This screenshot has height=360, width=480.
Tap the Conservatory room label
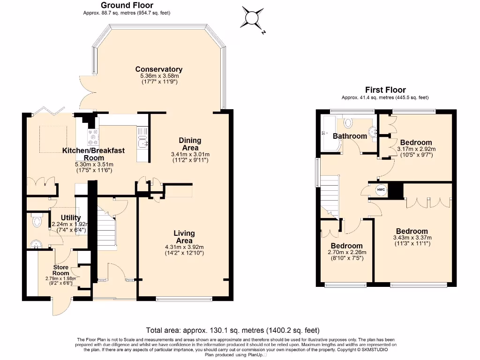pyautogui.click(x=159, y=69)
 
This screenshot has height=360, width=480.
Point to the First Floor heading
pyautogui.click(x=385, y=90)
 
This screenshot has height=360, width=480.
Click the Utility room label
pyautogui.click(x=71, y=217)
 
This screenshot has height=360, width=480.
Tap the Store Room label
pyautogui.click(x=60, y=270)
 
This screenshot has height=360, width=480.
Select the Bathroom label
pyautogui.click(x=350, y=136)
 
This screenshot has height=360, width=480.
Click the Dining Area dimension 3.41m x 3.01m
pyautogui.click(x=190, y=154)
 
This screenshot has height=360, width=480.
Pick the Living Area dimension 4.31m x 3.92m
pyautogui.click(x=184, y=247)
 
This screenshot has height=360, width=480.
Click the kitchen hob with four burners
pyautogui.click(x=91, y=136)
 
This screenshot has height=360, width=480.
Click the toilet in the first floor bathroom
pyautogui.click(x=348, y=123)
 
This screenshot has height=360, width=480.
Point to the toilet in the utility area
pyautogui.click(x=37, y=221)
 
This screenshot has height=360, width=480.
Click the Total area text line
pyautogui.click(x=233, y=330)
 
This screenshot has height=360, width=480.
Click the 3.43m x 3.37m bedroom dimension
pyautogui.click(x=412, y=238)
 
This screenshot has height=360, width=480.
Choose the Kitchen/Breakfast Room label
pyautogui.click(x=94, y=154)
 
